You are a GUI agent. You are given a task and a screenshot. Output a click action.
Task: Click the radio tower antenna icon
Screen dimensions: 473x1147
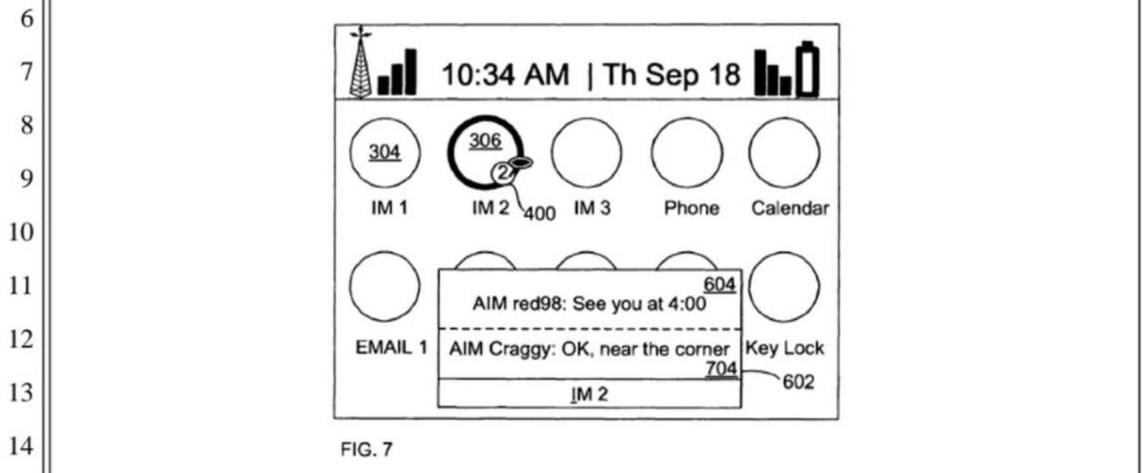(360, 62)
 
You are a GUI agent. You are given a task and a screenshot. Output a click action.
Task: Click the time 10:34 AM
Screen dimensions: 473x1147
(504, 74)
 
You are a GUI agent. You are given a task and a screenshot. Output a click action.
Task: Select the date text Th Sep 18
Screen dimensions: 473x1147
(672, 74)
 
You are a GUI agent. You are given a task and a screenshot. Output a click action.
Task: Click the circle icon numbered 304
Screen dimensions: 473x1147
(384, 153)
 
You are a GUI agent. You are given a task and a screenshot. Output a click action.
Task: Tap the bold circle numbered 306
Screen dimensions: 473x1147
(484, 148)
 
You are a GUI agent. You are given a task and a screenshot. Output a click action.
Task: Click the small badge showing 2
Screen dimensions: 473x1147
(500, 172)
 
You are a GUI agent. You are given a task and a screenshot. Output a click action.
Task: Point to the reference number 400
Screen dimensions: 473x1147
(538, 214)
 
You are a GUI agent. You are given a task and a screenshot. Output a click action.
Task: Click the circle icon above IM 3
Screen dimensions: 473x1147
(586, 153)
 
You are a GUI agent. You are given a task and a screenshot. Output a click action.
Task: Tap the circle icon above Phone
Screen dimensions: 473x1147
(687, 153)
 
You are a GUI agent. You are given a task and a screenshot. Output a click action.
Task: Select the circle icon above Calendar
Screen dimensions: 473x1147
(784, 153)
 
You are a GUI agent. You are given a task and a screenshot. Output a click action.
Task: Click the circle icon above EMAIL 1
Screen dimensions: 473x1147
(384, 287)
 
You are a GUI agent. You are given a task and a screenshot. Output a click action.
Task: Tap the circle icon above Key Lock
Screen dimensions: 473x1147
(784, 287)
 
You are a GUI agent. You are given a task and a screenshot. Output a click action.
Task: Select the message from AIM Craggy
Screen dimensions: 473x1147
(588, 350)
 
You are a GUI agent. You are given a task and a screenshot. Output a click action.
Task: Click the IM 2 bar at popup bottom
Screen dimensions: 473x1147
(588, 394)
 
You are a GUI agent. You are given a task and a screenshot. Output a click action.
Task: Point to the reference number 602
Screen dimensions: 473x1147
(798, 381)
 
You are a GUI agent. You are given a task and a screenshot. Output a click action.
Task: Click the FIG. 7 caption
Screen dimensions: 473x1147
(367, 450)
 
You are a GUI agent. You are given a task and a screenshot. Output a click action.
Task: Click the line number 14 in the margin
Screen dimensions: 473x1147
(20, 448)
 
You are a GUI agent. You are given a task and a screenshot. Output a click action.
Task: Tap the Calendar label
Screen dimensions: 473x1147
(789, 209)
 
